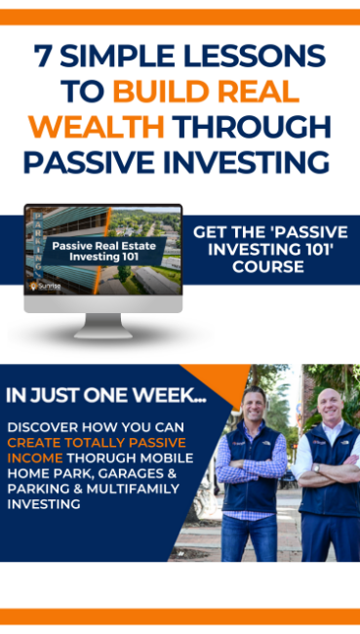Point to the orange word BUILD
pyautogui.click(x=161, y=93)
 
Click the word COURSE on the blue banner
pyautogui.click(x=269, y=267)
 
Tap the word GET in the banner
pyautogui.click(x=213, y=233)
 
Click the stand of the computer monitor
pyautogui.click(x=103, y=323)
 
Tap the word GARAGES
pyautogui.click(x=134, y=474)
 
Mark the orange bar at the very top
pyautogui.click(x=180, y=17)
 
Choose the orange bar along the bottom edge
pyautogui.click(x=180, y=615)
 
